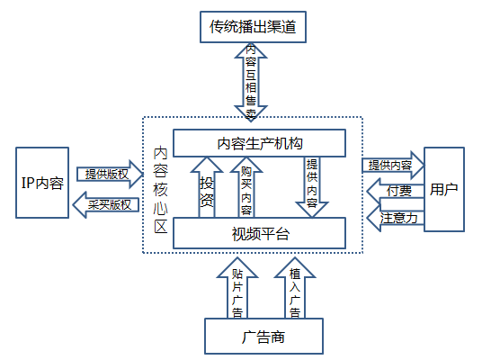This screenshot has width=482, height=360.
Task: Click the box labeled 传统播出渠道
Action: point(253,27)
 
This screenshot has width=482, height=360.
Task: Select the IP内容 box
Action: point(42,183)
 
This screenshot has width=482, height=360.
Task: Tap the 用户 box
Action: point(444,189)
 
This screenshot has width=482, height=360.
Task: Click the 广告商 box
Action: point(263,337)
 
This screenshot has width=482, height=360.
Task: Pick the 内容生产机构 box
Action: point(260,143)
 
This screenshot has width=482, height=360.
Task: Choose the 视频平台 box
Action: point(260,233)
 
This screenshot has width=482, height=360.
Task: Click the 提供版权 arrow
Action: point(110,175)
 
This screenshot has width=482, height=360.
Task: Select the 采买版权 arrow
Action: point(106,205)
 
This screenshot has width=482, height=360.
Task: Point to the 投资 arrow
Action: point(207,187)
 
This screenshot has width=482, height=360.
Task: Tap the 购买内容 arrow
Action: point(246,187)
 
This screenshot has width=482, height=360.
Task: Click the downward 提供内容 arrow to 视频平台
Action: point(312,187)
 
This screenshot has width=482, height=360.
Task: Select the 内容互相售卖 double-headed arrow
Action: point(251,82)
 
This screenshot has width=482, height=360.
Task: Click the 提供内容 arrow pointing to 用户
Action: point(393,166)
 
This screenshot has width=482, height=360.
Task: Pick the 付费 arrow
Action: point(396,191)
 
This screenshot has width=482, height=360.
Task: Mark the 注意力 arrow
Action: point(396,218)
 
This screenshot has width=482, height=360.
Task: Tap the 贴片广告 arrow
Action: point(237,288)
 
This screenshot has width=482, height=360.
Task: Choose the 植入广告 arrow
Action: point(295,288)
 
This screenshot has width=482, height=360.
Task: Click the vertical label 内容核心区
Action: point(160,190)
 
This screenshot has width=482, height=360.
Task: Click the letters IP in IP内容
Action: point(28,183)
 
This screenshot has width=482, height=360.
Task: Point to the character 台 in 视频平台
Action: point(281,233)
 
